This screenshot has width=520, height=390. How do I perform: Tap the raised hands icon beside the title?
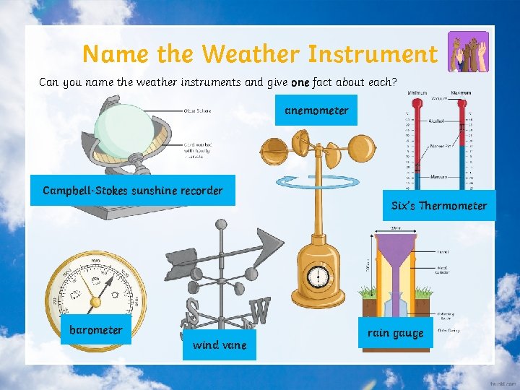tap(468, 51)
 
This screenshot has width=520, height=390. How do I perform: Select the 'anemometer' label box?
tap(316, 110)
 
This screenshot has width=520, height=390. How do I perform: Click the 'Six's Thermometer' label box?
tap(439, 206)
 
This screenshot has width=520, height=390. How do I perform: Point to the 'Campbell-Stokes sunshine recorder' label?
tap(133, 191)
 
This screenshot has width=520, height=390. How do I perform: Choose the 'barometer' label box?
tap(96, 330)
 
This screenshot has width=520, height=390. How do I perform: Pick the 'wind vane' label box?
tap(220, 344)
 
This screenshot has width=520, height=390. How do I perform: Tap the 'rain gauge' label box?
tap(395, 333)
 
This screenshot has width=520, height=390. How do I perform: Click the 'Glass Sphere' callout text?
tap(198, 110)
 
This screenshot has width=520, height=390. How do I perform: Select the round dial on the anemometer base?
tap(318, 277)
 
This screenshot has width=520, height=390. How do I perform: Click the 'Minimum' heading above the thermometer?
tap(417, 92)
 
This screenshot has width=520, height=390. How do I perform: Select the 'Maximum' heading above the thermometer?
tap(460, 92)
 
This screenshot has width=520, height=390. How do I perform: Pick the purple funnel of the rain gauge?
tap(395, 249)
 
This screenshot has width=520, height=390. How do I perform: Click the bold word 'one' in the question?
tap(300, 82)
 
